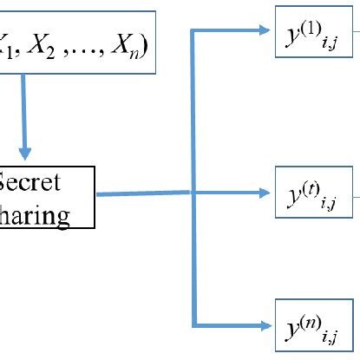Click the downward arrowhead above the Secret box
click(25, 149)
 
